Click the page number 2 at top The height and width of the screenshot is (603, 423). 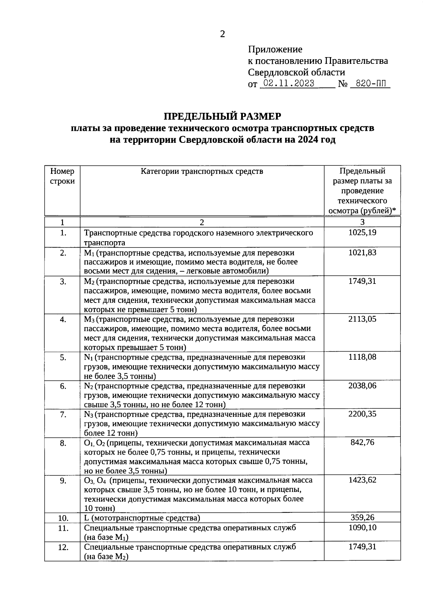point(222,34)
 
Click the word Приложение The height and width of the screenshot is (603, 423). point(275,49)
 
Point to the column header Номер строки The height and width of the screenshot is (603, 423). point(62,176)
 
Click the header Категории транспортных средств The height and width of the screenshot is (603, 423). point(202,172)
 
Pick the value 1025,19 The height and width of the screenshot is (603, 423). point(362,233)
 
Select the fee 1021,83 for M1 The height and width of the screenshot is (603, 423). point(362,253)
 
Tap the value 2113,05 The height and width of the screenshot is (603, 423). point(362,319)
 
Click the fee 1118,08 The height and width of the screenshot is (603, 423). point(362,357)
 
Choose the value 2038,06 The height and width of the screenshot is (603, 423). point(362,385)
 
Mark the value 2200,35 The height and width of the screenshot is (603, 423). point(362,414)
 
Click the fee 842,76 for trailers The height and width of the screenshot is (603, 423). point(362,443)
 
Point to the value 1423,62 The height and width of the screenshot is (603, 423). point(362,480)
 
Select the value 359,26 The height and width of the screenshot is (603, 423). point(362,518)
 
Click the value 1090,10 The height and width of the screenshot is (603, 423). point(362,528)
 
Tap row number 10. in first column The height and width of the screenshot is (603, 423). point(63,518)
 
